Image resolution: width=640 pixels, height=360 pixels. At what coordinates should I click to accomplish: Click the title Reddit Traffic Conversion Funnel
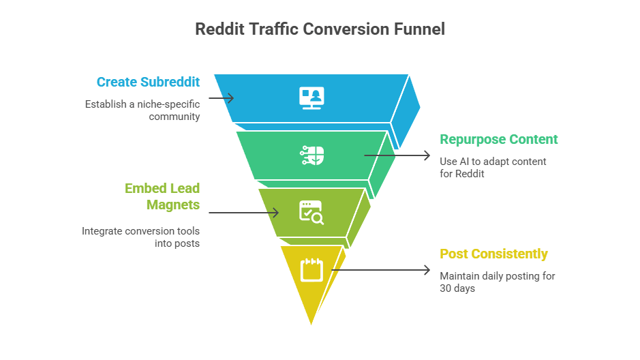pyautogui.click(x=320, y=29)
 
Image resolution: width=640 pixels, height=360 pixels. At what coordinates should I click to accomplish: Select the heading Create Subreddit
pyautogui.click(x=148, y=82)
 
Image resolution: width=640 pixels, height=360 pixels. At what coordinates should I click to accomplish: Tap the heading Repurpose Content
pyautogui.click(x=498, y=140)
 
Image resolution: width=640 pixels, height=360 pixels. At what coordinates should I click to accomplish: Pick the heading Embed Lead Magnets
pyautogui.click(x=162, y=196)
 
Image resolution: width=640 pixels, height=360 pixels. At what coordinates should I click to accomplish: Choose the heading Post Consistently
pyautogui.click(x=493, y=254)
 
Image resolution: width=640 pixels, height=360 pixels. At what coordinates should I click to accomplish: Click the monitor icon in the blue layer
pyautogui.click(x=311, y=97)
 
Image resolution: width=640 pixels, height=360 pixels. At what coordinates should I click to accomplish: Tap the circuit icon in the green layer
pyautogui.click(x=312, y=155)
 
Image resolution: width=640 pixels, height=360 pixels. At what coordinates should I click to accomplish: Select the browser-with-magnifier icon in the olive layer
pyautogui.click(x=311, y=212)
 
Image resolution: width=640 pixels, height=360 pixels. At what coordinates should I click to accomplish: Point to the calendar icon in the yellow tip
pyautogui.click(x=311, y=269)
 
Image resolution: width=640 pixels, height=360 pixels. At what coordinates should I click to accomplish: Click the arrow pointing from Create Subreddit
pyautogui.click(x=221, y=98)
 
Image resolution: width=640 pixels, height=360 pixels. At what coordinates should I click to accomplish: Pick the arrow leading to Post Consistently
pyautogui.click(x=382, y=270)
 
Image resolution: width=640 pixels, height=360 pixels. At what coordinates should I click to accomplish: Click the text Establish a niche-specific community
pyautogui.click(x=142, y=110)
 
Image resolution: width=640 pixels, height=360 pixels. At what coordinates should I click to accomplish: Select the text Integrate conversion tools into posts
pyautogui.click(x=141, y=237)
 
